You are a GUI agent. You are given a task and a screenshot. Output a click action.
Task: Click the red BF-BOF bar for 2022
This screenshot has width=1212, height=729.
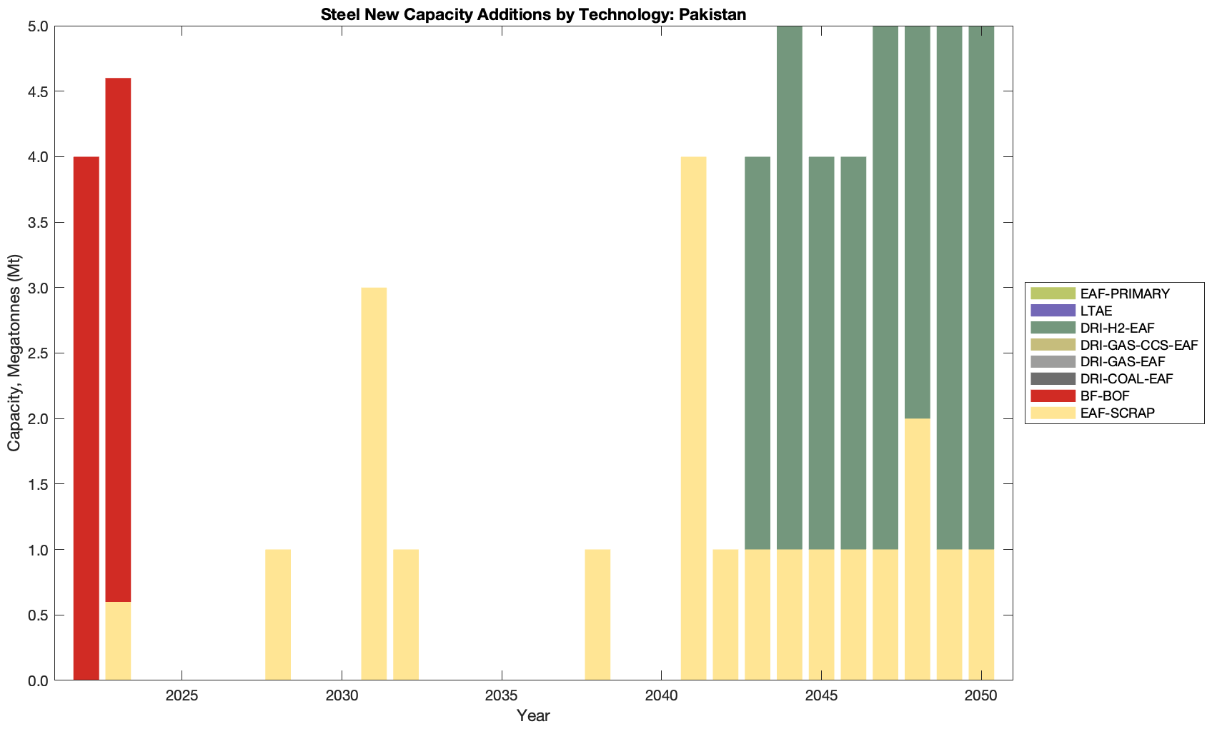(86, 418)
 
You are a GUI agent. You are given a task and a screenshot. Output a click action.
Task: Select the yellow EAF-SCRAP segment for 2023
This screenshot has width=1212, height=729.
(118, 641)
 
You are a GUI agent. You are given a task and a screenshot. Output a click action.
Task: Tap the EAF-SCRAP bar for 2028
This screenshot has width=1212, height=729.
(278, 615)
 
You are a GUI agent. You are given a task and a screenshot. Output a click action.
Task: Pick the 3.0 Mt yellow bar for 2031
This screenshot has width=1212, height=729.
(374, 484)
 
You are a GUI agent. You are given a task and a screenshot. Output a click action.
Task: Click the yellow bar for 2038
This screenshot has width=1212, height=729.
(597, 615)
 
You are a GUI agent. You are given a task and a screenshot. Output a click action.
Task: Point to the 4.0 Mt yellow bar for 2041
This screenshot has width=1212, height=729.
(693, 418)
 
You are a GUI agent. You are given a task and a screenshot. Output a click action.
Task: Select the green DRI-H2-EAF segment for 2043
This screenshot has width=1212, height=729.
(757, 353)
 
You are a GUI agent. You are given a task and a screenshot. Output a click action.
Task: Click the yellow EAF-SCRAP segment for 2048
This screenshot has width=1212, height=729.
(918, 549)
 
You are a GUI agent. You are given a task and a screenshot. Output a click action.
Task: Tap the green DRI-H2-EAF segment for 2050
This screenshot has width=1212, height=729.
(981, 287)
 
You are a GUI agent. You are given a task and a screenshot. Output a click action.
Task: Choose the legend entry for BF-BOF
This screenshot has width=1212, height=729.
(1105, 396)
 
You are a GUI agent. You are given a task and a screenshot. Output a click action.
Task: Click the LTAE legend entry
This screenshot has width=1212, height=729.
(1096, 311)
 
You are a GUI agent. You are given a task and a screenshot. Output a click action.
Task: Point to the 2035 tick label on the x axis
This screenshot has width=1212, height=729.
(502, 696)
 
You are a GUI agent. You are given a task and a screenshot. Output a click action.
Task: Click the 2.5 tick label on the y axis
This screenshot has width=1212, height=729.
(38, 353)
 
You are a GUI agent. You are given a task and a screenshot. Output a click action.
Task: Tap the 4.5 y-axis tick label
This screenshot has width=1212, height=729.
(38, 91)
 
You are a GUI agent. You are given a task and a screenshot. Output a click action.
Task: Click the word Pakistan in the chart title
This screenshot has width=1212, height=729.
(712, 14)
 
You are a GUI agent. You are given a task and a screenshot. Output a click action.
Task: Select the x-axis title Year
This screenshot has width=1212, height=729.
(533, 715)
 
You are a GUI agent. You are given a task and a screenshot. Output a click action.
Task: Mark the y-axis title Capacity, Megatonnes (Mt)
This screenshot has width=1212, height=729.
(14, 353)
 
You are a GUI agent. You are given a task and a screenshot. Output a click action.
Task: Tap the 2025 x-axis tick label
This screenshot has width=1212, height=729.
(182, 696)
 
